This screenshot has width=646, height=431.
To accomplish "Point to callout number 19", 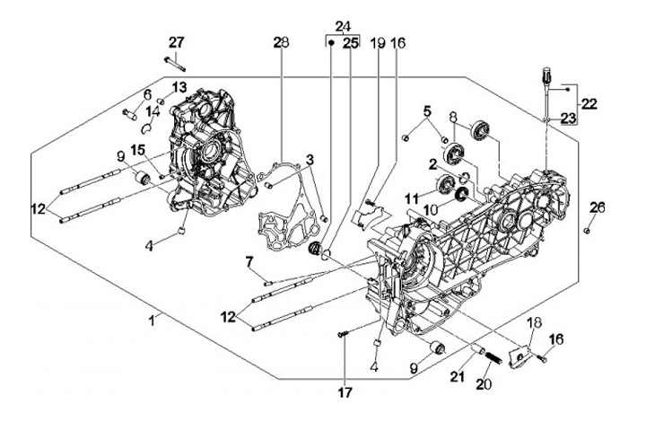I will tap(377, 42).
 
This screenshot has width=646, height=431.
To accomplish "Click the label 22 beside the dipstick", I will tap(588, 104).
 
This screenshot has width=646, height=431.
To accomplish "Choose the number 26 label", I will tap(597, 207).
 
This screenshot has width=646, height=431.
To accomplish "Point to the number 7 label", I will tap(249, 261).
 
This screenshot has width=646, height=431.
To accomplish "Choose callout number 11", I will tap(411, 198).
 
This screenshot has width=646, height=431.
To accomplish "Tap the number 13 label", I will tap(179, 87).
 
